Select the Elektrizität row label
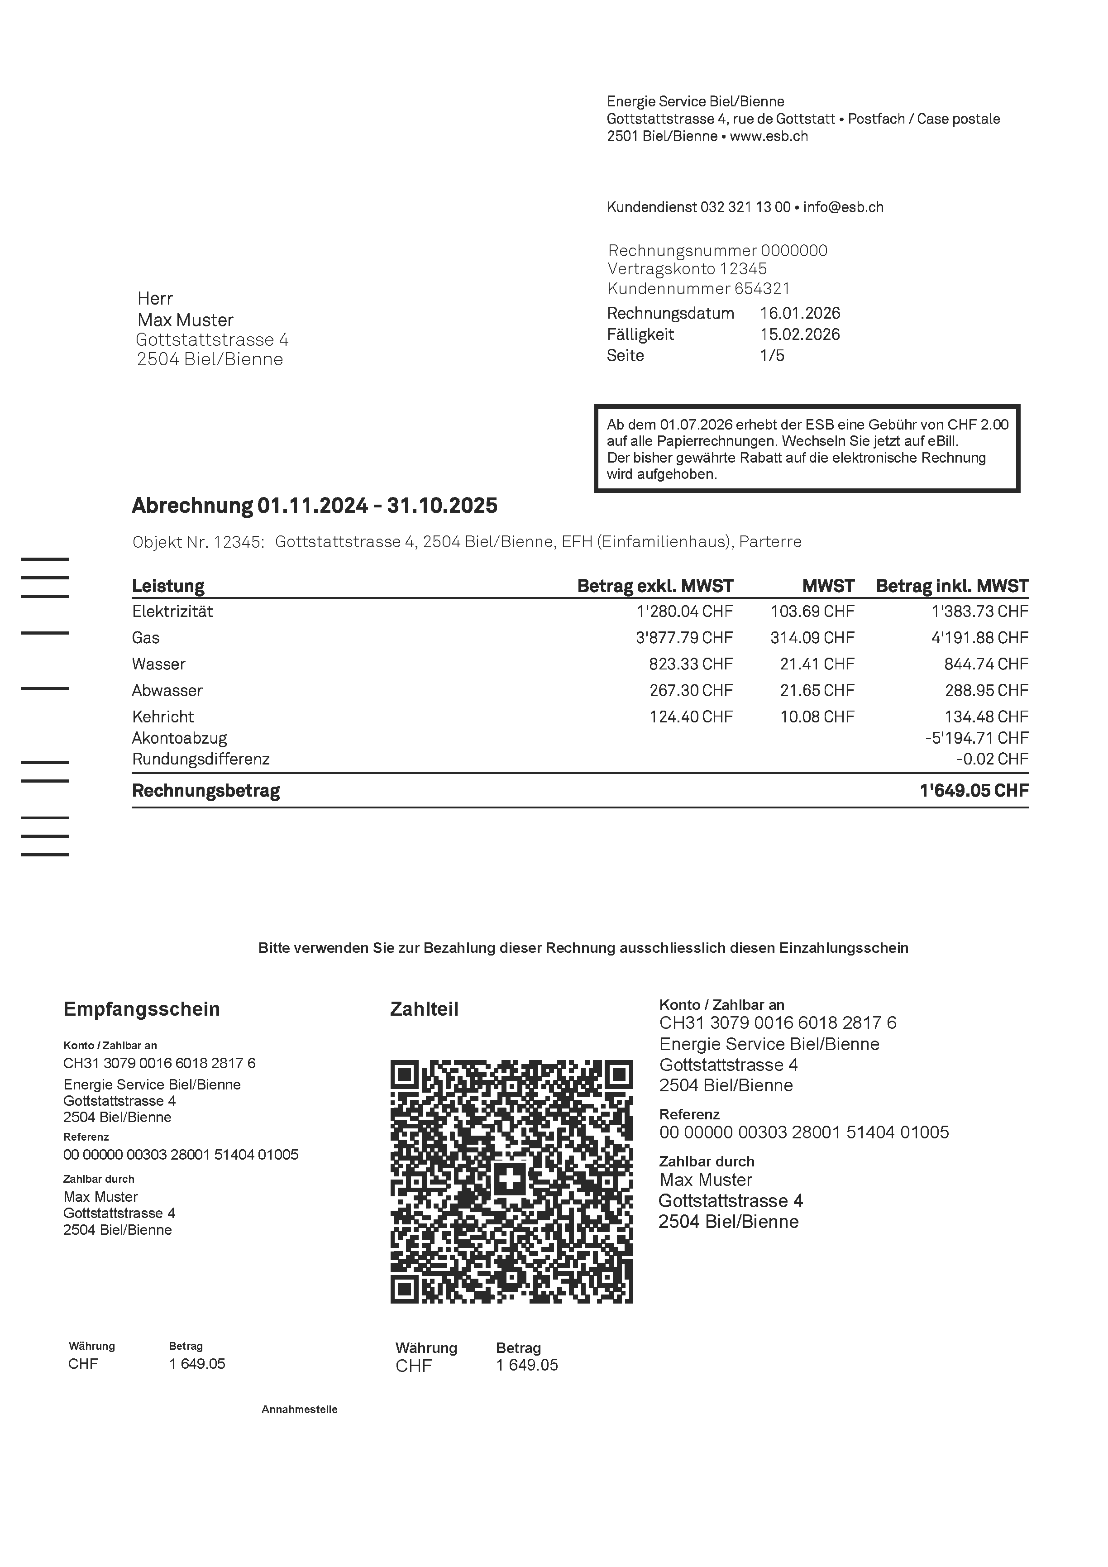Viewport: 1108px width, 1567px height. [172, 611]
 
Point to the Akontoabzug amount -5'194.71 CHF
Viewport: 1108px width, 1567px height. [976, 738]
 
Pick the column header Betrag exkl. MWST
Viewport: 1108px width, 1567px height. [654, 586]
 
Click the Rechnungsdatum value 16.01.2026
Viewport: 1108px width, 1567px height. [800, 313]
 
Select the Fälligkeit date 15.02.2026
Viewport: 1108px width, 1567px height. [800, 334]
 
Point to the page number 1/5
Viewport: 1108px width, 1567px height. [772, 356]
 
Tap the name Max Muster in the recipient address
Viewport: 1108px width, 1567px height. [185, 320]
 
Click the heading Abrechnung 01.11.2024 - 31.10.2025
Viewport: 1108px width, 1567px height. [315, 506]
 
